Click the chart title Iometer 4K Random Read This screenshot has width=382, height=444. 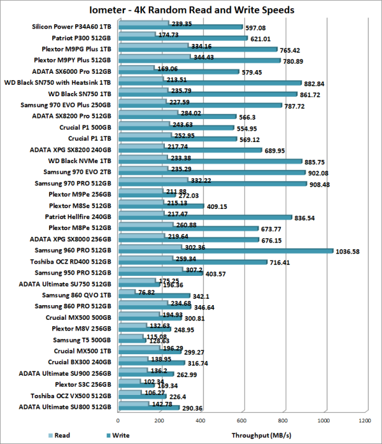(x=192, y=10)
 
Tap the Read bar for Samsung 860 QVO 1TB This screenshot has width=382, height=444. (x=126, y=292)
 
